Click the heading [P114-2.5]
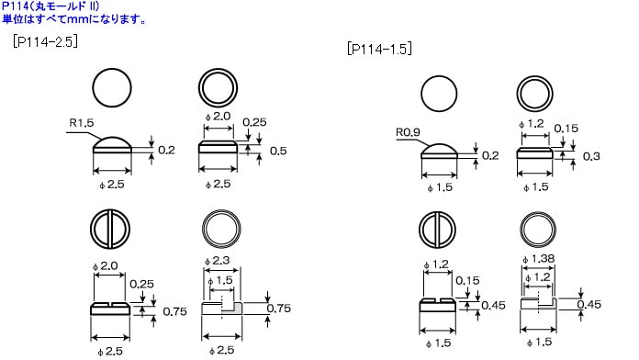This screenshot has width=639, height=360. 45,41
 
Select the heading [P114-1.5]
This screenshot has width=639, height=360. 379,50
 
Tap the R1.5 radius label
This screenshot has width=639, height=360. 82,123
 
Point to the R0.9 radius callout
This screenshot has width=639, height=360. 408,132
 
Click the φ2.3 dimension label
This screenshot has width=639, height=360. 218,261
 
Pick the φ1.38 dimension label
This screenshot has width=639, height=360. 538,259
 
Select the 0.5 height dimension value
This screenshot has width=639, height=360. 278,151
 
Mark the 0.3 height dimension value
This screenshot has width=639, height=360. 591,156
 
